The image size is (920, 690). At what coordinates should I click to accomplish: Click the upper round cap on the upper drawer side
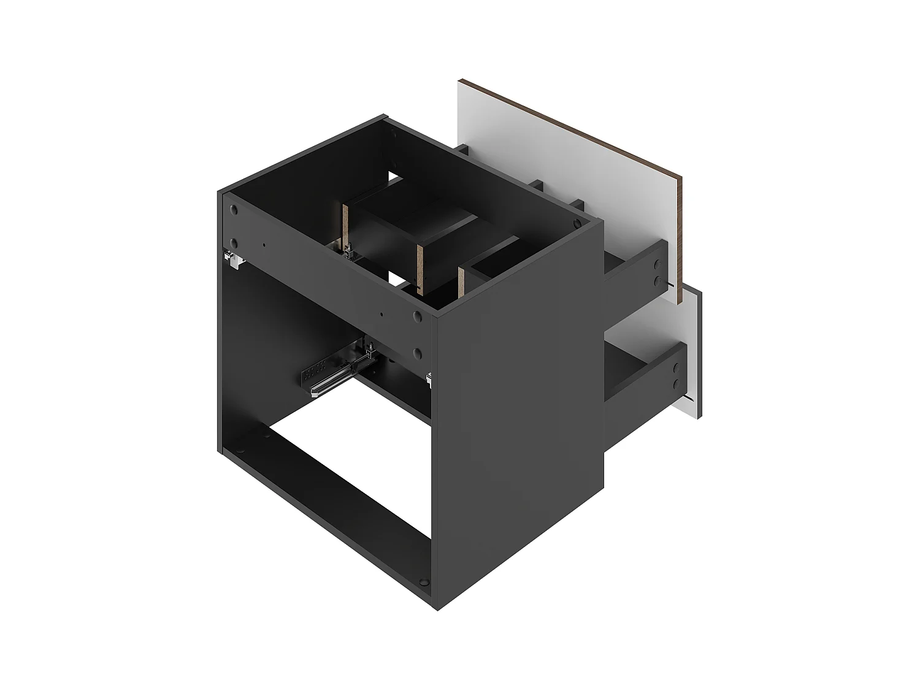tap(657, 266)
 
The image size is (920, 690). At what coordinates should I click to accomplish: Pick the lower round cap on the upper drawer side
tap(657, 281)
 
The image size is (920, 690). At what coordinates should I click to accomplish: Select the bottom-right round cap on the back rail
tap(418, 353)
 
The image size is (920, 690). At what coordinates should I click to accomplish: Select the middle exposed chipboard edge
tap(421, 267)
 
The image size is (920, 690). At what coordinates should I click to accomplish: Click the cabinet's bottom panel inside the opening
tap(331, 485)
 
